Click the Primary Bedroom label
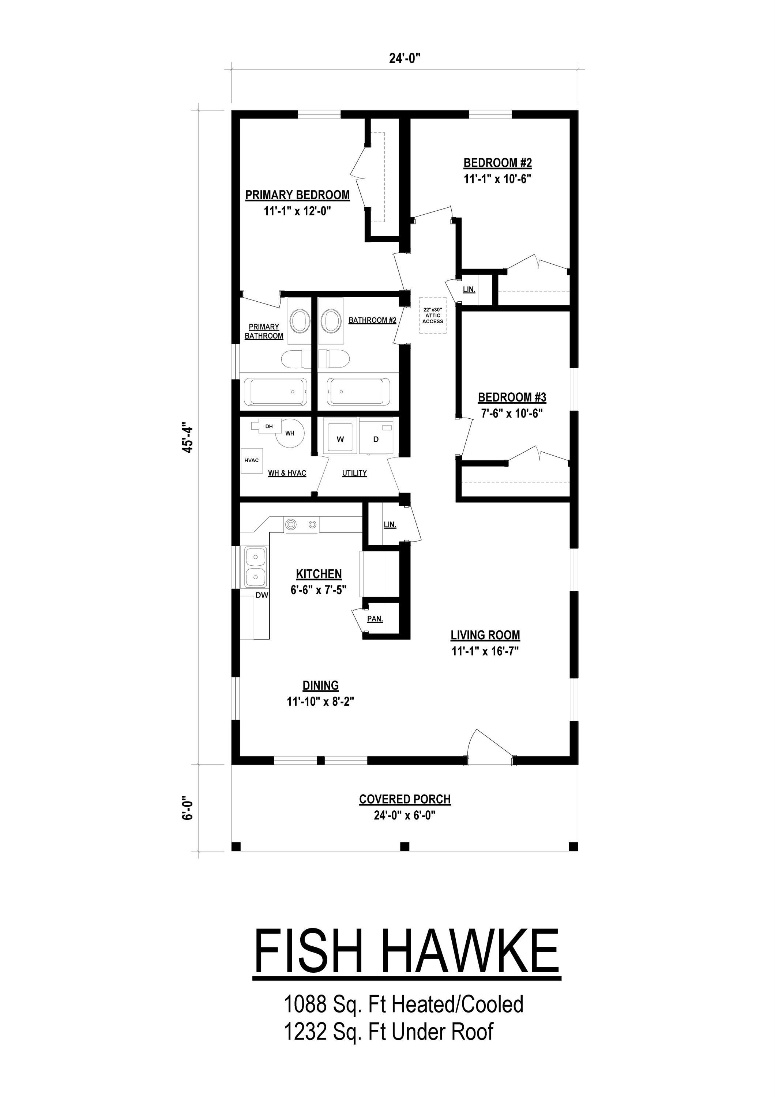[x=297, y=195]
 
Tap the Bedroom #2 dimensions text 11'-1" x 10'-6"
[x=497, y=179]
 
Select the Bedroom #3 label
[x=512, y=397]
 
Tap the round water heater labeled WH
[x=290, y=432]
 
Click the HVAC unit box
[x=252, y=461]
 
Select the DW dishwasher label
[x=262, y=595]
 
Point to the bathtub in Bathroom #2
[x=358, y=392]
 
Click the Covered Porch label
[x=405, y=799]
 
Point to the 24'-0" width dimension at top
[x=405, y=58]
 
